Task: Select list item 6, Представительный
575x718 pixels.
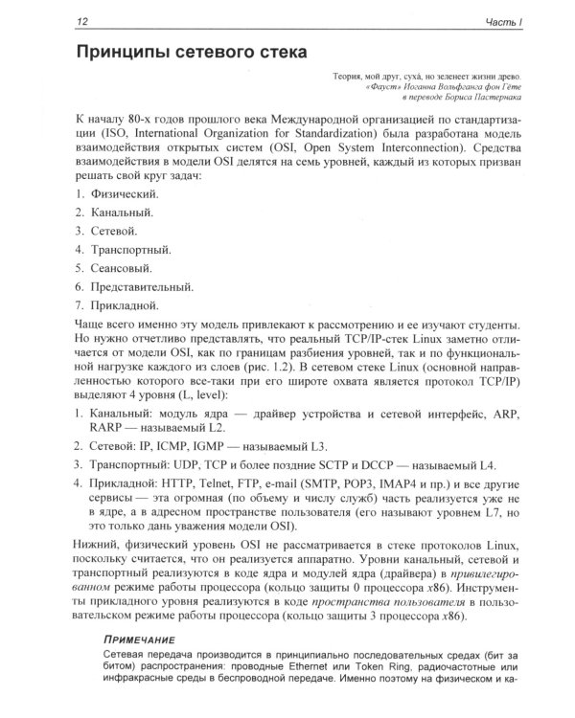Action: click(136, 286)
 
